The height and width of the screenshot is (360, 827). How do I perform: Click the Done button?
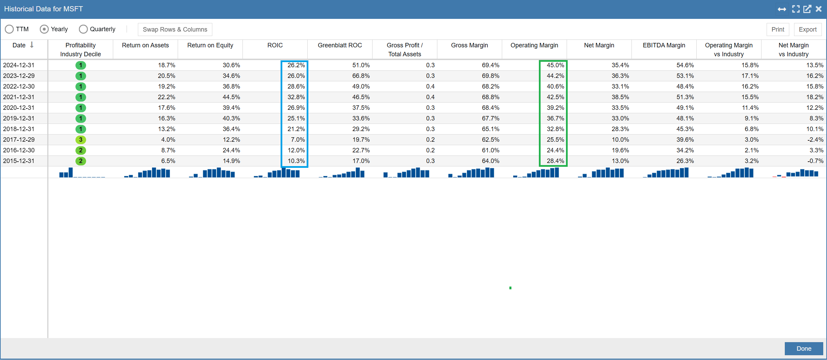[804, 348]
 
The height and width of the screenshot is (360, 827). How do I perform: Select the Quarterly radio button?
[83, 29]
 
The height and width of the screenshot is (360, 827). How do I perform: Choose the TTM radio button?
[9, 29]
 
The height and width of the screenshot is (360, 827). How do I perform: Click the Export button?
[807, 30]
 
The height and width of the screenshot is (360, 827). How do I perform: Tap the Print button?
[778, 30]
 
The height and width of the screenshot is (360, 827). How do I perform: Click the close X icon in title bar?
[818, 9]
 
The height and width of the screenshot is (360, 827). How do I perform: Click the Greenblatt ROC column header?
[340, 45]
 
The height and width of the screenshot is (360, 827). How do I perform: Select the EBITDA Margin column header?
[664, 45]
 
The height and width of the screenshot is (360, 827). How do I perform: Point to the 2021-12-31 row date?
[19, 97]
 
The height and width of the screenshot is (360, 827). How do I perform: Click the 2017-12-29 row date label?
[19, 140]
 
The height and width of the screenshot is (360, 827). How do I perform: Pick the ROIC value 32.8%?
[296, 97]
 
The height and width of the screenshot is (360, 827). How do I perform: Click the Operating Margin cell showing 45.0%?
[555, 65]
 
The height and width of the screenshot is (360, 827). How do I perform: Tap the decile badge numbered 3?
[81, 140]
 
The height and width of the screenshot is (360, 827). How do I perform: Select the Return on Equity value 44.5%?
[231, 97]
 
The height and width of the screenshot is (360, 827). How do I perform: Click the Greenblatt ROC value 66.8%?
[361, 76]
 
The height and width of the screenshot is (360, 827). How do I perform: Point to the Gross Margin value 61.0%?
[491, 150]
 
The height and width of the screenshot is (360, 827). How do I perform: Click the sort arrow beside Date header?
[32, 45]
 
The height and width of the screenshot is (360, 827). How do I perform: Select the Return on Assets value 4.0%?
[168, 140]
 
